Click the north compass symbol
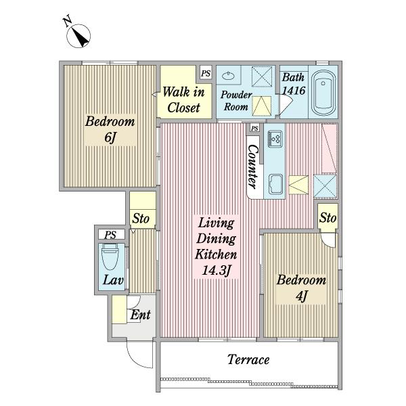78,35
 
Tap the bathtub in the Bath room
323,93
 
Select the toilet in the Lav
110,257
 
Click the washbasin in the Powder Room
228,76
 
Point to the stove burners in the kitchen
275,138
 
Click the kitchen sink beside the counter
275,184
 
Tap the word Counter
253,166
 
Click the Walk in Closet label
183,99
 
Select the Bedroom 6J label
110,129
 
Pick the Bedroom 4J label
301,288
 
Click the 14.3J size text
217,271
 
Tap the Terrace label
248,360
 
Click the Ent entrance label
140,315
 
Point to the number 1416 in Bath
294,91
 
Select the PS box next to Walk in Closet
206,73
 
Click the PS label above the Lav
110,235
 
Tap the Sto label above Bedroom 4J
328,218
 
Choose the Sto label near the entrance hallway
141,219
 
